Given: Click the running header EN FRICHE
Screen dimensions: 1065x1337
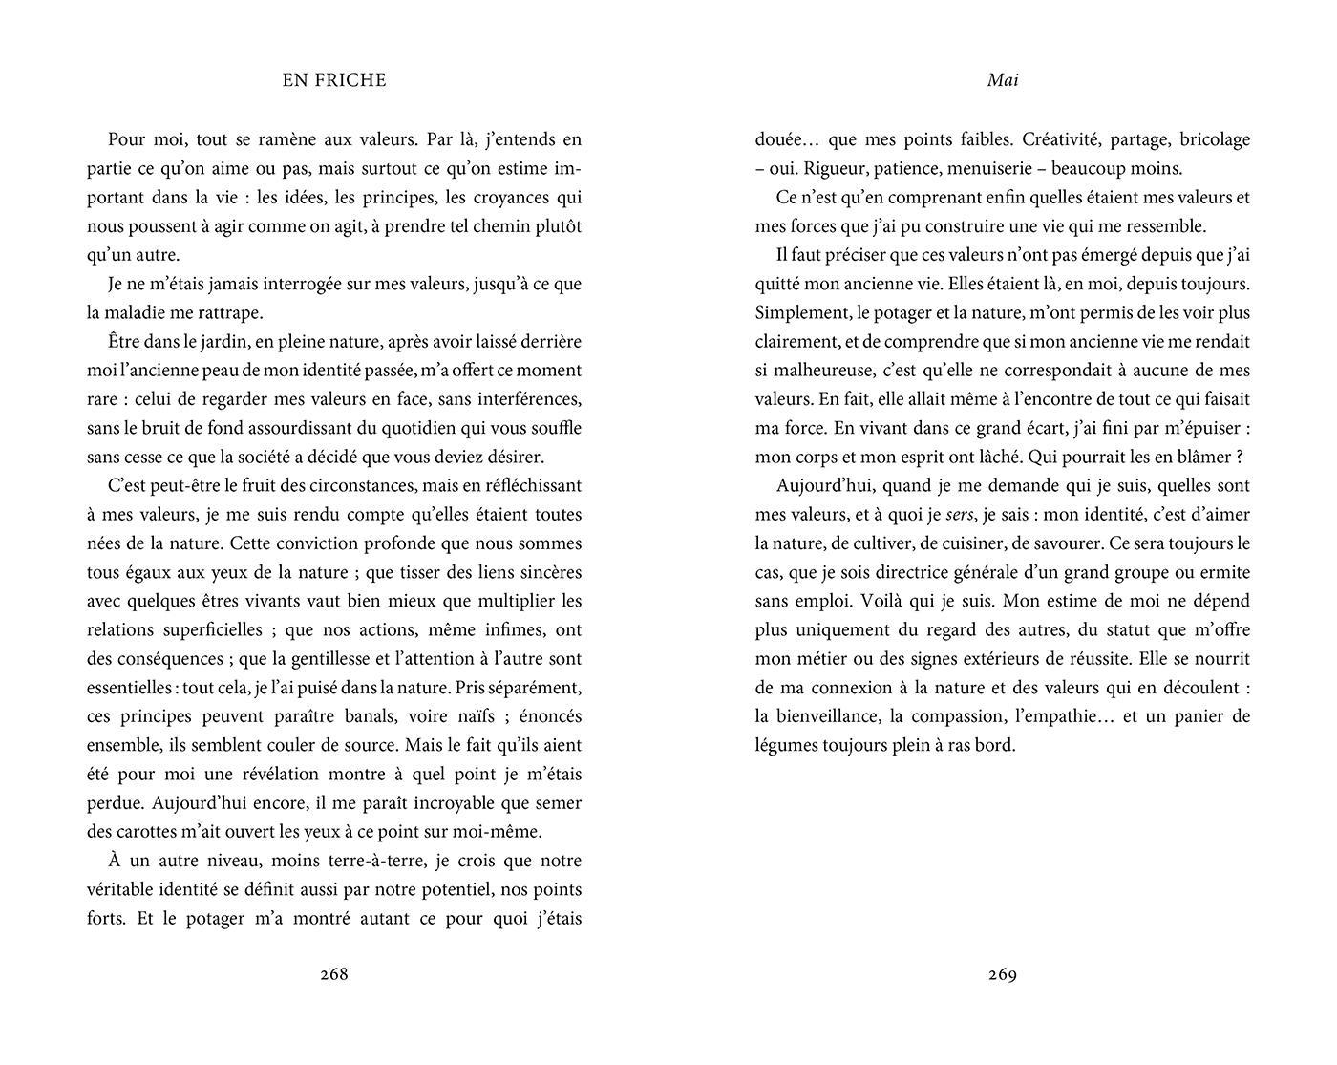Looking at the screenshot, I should (x=334, y=80).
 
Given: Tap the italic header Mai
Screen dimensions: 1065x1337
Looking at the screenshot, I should (x=1003, y=80).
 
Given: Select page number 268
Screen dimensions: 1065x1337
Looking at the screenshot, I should (x=334, y=974).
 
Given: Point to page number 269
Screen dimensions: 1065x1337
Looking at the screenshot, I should (x=1003, y=974).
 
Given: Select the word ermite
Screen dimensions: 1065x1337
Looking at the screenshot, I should (x=1223, y=572).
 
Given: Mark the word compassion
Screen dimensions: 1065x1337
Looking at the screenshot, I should (x=959, y=716).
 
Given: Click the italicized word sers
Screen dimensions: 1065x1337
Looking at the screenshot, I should (x=960, y=515).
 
